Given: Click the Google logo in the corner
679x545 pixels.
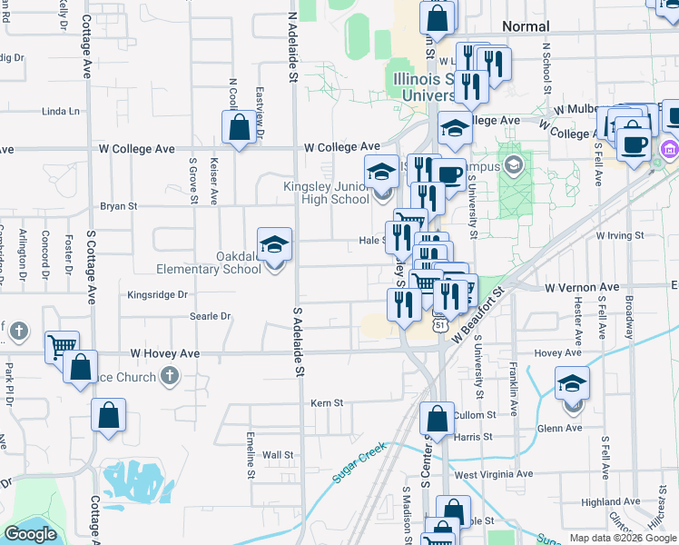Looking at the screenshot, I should pyautogui.click(x=30, y=534).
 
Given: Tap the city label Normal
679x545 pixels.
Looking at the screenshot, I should pyautogui.click(x=526, y=26).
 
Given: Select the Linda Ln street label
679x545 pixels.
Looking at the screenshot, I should pyautogui.click(x=61, y=112).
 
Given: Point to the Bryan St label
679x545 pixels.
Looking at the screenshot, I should pyautogui.click(x=118, y=206).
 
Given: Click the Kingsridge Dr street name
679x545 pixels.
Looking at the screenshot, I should pyautogui.click(x=157, y=294).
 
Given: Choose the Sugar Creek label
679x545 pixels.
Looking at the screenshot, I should pyautogui.click(x=359, y=461).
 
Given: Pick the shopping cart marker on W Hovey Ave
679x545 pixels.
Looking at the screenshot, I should pyautogui.click(x=62, y=347).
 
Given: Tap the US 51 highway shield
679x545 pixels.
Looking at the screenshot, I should pyautogui.click(x=439, y=324).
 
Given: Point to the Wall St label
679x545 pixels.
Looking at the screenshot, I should pyautogui.click(x=278, y=454).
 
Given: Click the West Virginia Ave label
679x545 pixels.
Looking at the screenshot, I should pyautogui.click(x=494, y=474).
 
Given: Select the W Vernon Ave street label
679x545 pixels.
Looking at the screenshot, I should pyautogui.click(x=581, y=287).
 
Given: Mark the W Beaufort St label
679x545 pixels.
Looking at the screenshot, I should pyautogui.click(x=481, y=312).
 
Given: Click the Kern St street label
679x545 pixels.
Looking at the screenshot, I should pyautogui.click(x=327, y=402).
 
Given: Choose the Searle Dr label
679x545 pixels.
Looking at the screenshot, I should pyautogui.click(x=211, y=316).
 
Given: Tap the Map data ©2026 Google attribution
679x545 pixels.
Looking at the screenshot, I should pyautogui.click(x=623, y=538).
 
